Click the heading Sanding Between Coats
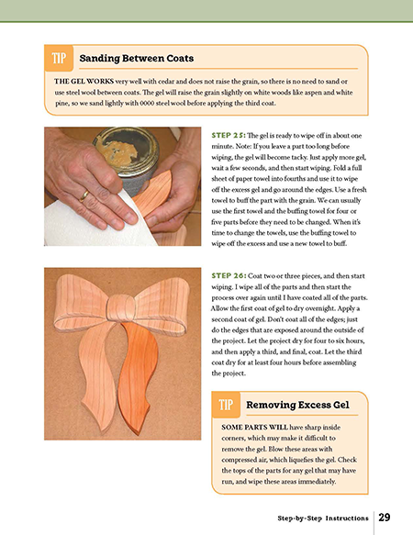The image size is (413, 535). click(x=137, y=59)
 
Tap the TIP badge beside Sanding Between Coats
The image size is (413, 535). click(x=59, y=58)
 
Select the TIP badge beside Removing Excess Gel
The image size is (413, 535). click(x=226, y=405)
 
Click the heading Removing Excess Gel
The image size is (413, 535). click(x=297, y=405)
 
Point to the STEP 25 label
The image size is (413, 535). click(x=229, y=136)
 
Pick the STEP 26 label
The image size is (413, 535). click(x=229, y=275)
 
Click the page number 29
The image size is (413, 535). click(x=385, y=518)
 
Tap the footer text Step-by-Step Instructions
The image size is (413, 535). click(x=323, y=518)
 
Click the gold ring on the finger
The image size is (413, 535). click(x=84, y=196)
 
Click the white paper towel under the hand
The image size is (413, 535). click(x=95, y=222)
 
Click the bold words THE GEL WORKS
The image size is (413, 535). click(x=84, y=82)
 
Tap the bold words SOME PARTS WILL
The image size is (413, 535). click(x=254, y=428)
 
